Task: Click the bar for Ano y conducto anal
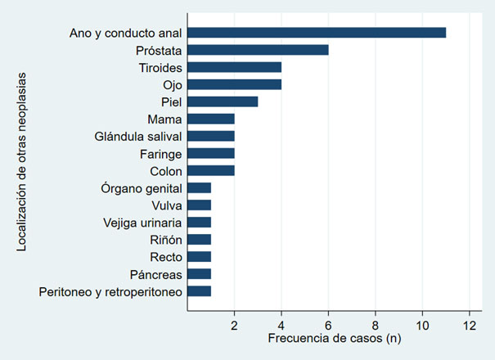(x=317, y=33)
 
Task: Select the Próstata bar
(x=258, y=50)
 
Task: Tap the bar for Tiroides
(x=234, y=67)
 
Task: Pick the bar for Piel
(x=223, y=101)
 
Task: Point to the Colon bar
(x=211, y=170)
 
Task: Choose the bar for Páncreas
(x=200, y=273)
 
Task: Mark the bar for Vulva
(x=200, y=205)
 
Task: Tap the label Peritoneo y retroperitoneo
(x=110, y=290)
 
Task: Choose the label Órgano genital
(x=142, y=187)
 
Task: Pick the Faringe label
(x=160, y=153)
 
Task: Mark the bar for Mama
(x=211, y=119)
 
